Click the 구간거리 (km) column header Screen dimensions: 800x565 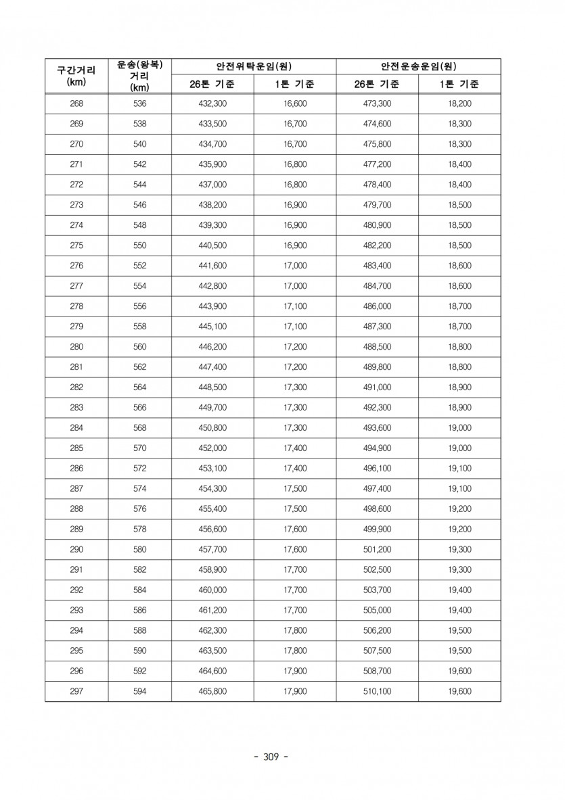tap(76, 75)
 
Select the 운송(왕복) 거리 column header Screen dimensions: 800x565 tap(139, 75)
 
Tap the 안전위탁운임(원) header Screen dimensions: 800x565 tap(253, 66)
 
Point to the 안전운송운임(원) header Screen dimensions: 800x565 tap(418, 66)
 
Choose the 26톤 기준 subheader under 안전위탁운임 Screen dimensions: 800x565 tap(212, 85)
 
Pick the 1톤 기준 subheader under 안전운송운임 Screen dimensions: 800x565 tap(459, 85)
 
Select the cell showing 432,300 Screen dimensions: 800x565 tap(212, 103)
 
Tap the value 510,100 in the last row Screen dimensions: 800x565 tap(377, 691)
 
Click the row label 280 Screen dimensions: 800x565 tap(76, 347)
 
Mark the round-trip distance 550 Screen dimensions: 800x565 tap(139, 245)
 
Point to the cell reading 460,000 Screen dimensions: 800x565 tap(212, 590)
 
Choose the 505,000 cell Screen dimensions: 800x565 tap(377, 610)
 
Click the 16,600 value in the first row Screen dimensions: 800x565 tap(295, 103)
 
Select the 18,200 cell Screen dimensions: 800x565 tap(459, 103)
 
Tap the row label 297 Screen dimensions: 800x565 tap(76, 691)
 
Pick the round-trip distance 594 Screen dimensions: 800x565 tap(139, 691)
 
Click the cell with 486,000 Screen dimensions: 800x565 tap(377, 306)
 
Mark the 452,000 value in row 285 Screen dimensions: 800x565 tap(212, 448)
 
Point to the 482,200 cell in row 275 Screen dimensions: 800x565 tap(377, 245)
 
